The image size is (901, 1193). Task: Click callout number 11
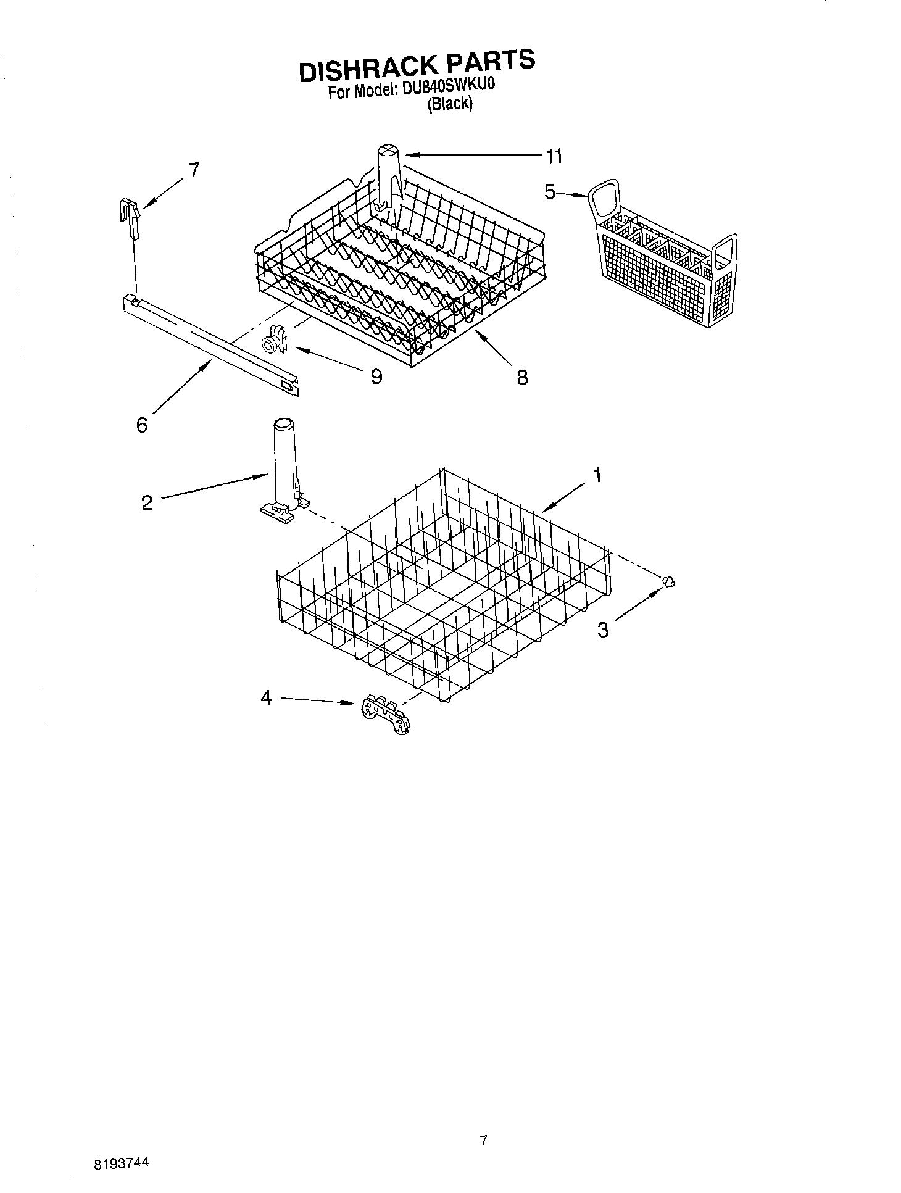[554, 157]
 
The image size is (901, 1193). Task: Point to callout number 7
[194, 170]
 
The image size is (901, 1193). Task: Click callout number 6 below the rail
[143, 425]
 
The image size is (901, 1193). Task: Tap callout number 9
[376, 376]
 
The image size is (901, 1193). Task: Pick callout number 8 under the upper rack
[522, 377]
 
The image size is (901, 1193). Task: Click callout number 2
[147, 503]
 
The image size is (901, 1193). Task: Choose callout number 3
[603, 630]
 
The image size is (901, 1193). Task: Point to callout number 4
[266, 698]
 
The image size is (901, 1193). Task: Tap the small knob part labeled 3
[668, 581]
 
